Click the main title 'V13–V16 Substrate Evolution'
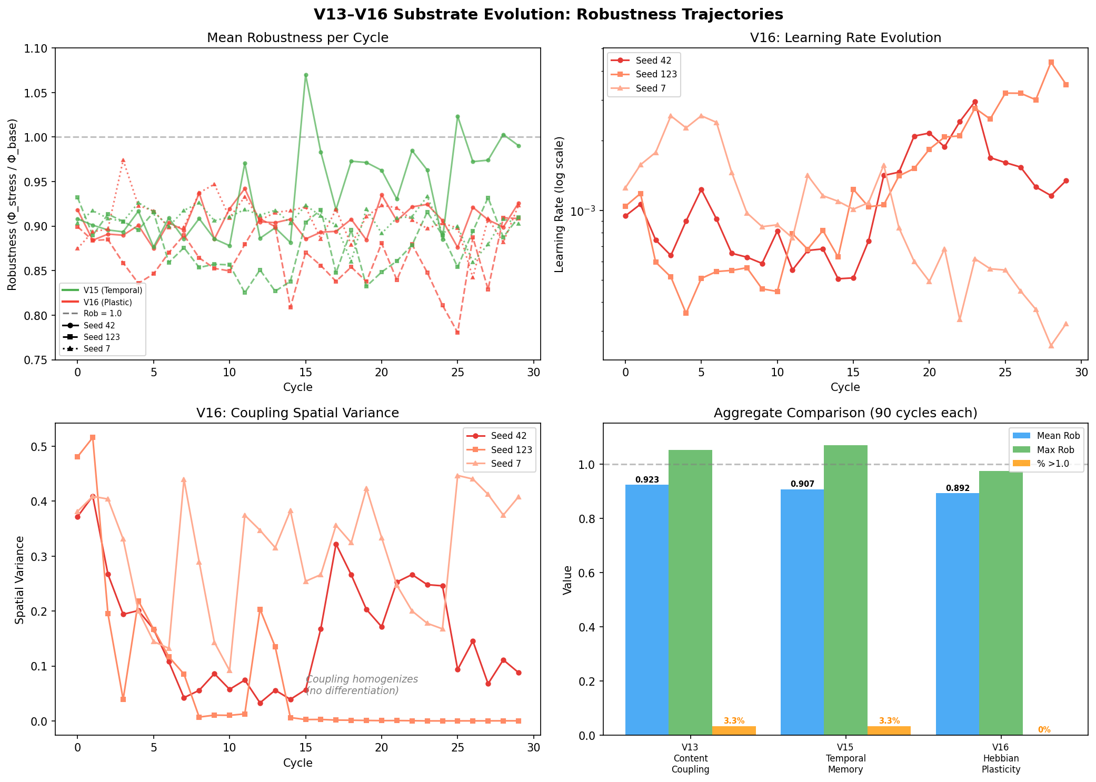(547, 14)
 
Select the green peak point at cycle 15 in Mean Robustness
(306, 75)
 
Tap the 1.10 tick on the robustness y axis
(36, 48)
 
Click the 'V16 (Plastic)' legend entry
(107, 302)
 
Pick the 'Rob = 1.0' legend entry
(102, 314)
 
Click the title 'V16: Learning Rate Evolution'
(845, 38)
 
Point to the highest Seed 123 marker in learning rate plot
(1051, 62)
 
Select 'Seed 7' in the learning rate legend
(651, 88)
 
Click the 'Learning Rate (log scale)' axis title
(560, 204)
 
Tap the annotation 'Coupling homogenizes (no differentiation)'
(362, 685)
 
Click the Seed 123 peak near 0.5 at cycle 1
(93, 437)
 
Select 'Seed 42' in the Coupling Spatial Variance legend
(509, 436)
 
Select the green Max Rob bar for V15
(845, 589)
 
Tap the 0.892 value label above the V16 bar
(957, 488)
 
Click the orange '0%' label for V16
(1044, 730)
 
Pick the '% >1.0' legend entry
(1053, 464)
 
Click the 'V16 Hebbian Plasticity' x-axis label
(1000, 758)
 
